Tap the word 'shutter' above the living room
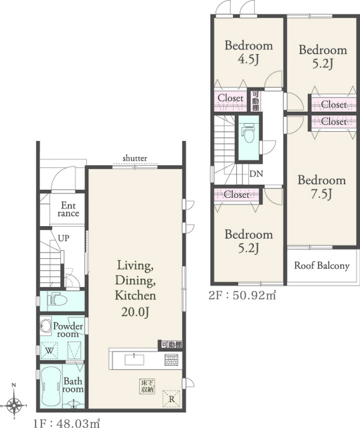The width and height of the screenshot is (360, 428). point(135,158)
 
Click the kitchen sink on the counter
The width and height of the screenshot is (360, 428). point(134,360)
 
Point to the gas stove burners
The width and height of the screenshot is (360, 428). point(171,360)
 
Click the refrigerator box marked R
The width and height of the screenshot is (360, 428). point(171,399)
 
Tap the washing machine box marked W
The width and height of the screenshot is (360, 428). point(50,350)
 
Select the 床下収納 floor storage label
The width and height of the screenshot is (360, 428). point(147,387)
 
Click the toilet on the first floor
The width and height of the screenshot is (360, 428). point(57,300)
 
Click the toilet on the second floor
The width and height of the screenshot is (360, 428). point(248,132)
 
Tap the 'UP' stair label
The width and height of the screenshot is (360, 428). point(64,238)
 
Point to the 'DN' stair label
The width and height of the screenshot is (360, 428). point(256,174)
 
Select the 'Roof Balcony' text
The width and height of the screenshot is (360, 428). point(322,265)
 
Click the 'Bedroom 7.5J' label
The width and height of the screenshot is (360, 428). point(322,187)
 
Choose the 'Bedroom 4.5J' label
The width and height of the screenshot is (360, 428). point(248,52)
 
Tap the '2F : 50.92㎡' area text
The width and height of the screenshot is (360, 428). point(242,296)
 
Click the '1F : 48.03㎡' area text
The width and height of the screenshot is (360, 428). point(66,423)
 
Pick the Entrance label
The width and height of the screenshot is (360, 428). point(68,209)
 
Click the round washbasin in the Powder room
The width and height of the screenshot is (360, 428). point(45,326)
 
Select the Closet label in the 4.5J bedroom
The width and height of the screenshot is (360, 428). point(230,98)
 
